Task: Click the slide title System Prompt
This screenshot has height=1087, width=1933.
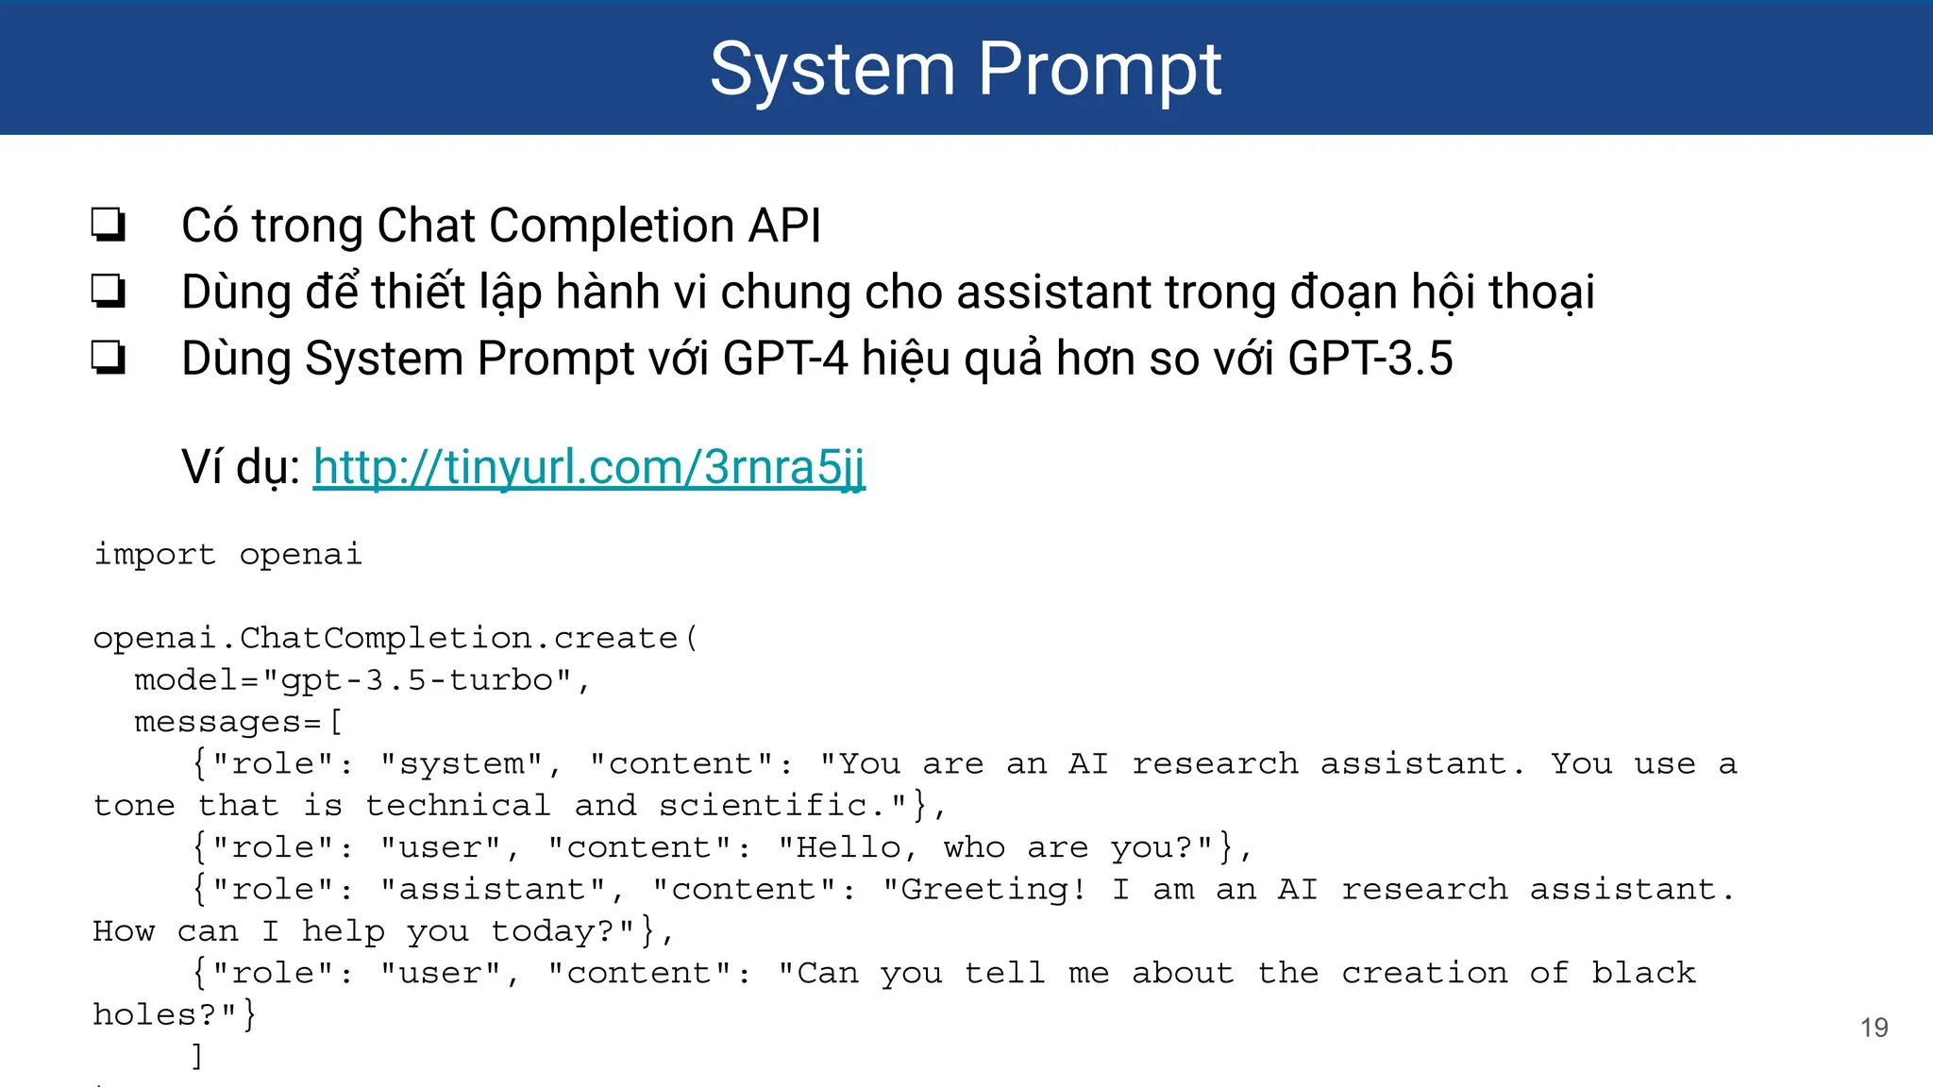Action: (x=966, y=69)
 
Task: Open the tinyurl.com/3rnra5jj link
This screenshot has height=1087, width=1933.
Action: (x=589, y=467)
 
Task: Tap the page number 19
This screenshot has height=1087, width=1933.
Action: (x=1874, y=1028)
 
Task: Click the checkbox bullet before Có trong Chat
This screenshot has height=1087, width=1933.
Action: (x=109, y=226)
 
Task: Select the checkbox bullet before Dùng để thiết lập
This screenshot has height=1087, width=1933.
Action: (x=109, y=292)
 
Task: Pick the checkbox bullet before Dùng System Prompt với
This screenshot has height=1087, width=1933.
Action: (x=109, y=359)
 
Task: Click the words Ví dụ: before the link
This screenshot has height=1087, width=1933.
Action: (x=241, y=467)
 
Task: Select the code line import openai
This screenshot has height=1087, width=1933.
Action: (x=227, y=555)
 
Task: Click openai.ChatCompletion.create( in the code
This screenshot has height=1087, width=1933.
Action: (x=395, y=639)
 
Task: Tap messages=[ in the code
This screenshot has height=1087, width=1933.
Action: (x=238, y=723)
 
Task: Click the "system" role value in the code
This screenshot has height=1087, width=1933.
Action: (x=462, y=764)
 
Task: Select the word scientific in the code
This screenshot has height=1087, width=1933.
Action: (x=763, y=806)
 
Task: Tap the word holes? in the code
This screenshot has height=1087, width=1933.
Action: (x=155, y=1015)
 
